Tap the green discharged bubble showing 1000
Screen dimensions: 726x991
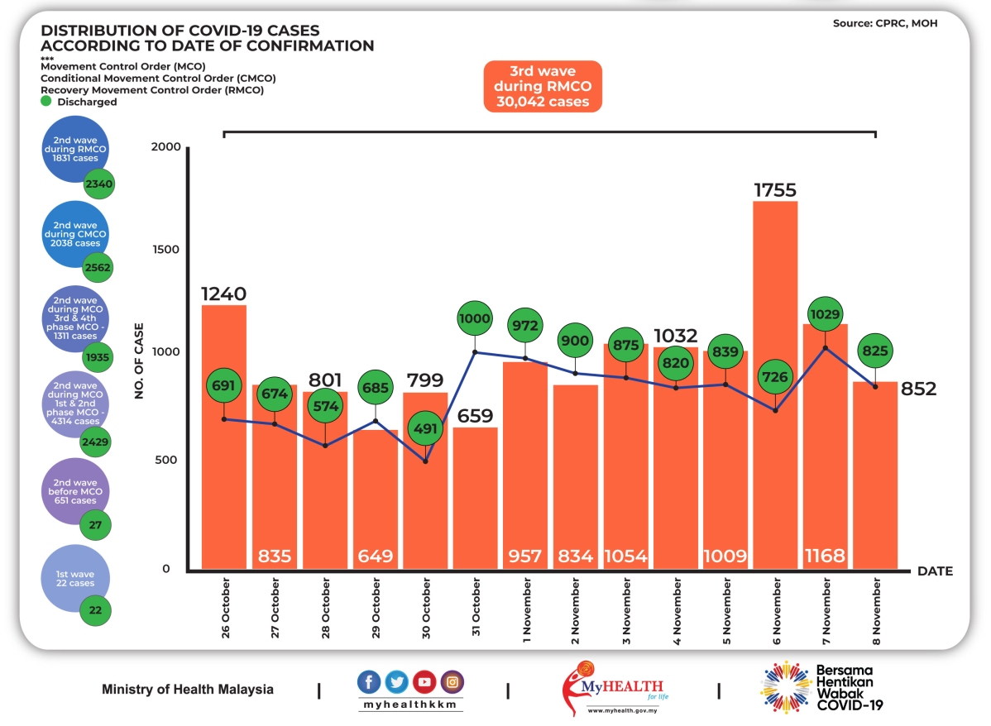coord(475,319)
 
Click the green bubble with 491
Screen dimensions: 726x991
coord(425,429)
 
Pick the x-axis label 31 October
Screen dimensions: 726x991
coord(477,612)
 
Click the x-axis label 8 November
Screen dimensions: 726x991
coord(877,612)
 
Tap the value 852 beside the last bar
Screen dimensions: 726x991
coord(918,389)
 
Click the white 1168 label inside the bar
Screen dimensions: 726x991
coord(825,556)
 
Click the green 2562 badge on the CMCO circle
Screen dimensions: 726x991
coord(97,268)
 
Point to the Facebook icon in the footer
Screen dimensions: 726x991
coord(369,682)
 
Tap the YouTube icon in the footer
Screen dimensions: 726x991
coord(424,682)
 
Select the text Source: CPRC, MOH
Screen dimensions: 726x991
coord(884,24)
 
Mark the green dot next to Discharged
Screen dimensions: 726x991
coord(46,101)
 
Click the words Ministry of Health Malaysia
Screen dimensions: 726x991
coord(188,690)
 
